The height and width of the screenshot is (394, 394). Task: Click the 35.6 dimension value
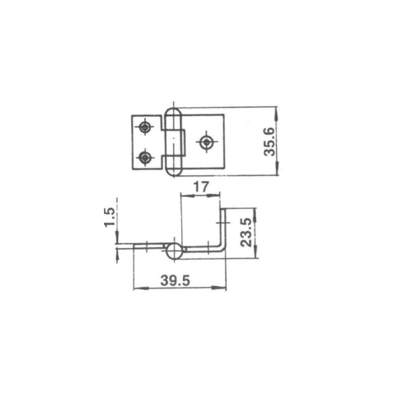point(269,142)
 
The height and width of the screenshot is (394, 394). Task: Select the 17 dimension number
point(201,187)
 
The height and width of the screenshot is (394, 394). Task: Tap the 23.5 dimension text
point(245,232)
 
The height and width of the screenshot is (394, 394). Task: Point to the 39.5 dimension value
point(175,280)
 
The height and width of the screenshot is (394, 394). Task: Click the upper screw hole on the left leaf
point(145,128)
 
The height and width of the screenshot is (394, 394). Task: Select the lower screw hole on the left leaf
point(145,158)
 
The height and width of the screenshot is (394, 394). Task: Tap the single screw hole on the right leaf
point(206,142)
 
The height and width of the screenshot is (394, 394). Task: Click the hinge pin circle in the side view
point(174,251)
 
